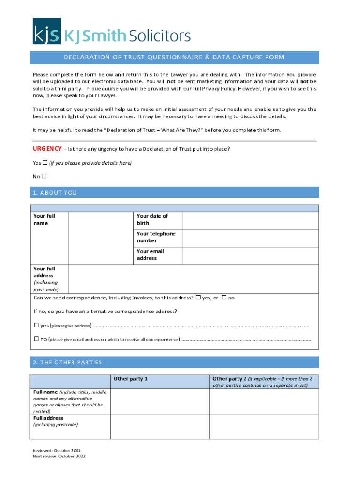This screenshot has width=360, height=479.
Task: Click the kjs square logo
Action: [x=46, y=31]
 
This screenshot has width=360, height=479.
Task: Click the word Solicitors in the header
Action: [x=159, y=36]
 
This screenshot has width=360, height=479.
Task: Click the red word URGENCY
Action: [x=47, y=149]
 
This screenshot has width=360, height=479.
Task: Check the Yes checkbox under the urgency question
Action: [x=45, y=163]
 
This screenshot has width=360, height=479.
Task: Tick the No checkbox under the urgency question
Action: [x=44, y=176]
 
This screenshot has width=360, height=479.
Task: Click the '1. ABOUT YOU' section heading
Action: [x=55, y=193]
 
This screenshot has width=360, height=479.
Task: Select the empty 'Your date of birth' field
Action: [x=251, y=220]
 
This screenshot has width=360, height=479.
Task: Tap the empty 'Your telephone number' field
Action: [x=251, y=238]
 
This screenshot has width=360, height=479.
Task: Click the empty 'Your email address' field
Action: [x=251, y=255]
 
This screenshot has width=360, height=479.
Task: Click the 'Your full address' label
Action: [x=45, y=279]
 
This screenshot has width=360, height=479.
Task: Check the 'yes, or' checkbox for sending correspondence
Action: [x=198, y=298]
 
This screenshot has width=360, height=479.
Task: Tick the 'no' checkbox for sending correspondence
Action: [x=224, y=298]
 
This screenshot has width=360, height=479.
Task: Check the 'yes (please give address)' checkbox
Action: [x=36, y=326]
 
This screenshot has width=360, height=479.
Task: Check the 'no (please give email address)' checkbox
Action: [x=36, y=339]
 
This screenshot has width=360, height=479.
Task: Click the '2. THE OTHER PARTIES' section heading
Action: [x=67, y=363]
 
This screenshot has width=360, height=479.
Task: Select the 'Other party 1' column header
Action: [x=131, y=379]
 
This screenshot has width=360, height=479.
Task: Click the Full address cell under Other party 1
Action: [x=159, y=427]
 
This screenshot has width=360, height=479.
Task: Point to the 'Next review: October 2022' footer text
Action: [x=59, y=456]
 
